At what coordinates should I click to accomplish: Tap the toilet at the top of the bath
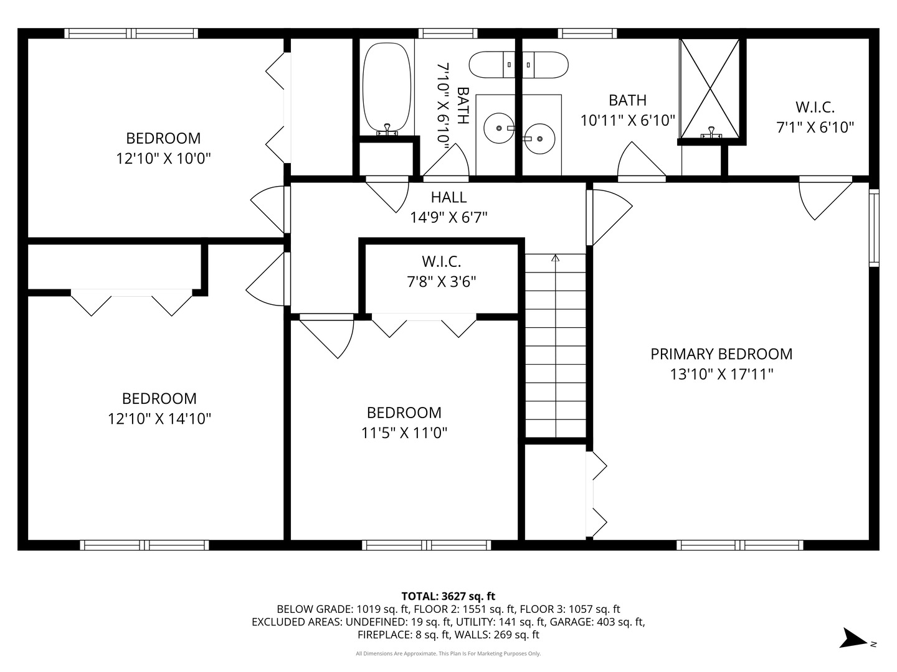pyautogui.click(x=518, y=65)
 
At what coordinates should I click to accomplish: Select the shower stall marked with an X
pyautogui.click(x=710, y=88)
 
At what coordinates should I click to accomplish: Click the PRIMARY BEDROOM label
pyautogui.click(x=721, y=354)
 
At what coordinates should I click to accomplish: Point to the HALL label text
pyautogui.click(x=448, y=197)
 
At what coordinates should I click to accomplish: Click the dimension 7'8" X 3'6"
pyautogui.click(x=442, y=282)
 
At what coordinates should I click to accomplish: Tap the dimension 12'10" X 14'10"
pyautogui.click(x=159, y=419)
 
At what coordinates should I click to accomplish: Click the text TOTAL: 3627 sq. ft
pyautogui.click(x=448, y=596)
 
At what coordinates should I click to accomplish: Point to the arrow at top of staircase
pyautogui.click(x=556, y=258)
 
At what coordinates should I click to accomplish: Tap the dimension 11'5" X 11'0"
pyautogui.click(x=404, y=432)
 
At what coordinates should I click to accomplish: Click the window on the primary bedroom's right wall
pyautogui.click(x=874, y=228)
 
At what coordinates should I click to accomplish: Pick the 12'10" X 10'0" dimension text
pyautogui.click(x=164, y=159)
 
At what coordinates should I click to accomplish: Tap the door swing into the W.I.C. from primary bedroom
pyautogui.click(x=822, y=199)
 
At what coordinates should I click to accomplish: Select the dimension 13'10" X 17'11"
pyautogui.click(x=721, y=375)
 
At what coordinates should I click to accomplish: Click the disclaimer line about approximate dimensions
pyautogui.click(x=448, y=653)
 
